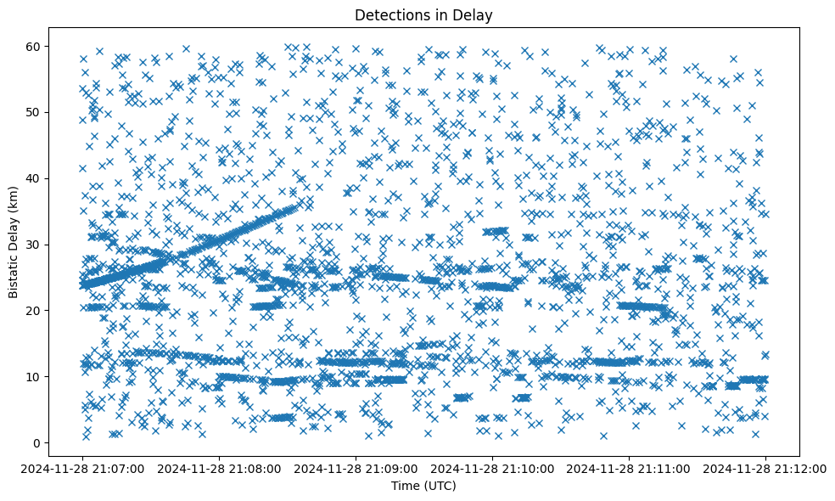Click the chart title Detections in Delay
point(423,14)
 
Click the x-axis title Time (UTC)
point(423,486)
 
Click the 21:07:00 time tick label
point(83,468)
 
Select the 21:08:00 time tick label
point(220,468)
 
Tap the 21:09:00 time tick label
point(356,468)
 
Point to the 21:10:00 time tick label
point(492,468)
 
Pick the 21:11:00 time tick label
point(629,468)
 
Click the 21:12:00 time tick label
point(765,468)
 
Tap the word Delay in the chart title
point(475,14)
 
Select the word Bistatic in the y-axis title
point(14,270)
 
